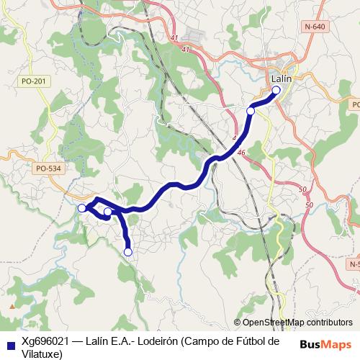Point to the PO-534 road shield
coord(48,168)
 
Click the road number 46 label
coord(241,153)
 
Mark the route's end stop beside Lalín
coord(276,90)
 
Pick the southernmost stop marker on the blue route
coord(128,252)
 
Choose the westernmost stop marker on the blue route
coord(81,208)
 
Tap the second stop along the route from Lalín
coord(251,111)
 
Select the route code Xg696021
coord(46,341)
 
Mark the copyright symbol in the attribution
coord(238,322)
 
